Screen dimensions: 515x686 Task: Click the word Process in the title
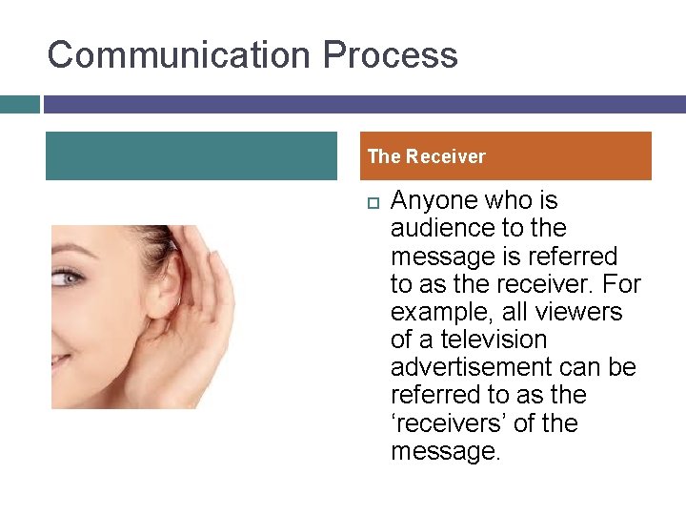pos(390,54)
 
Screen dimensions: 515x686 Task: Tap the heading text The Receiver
pos(426,156)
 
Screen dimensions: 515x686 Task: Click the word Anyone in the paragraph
pos(434,201)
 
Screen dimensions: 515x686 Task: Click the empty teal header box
pos(191,156)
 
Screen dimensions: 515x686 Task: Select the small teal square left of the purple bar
pos(19,104)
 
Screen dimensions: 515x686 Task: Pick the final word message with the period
pos(445,451)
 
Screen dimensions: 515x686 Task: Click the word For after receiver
pos(622,284)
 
